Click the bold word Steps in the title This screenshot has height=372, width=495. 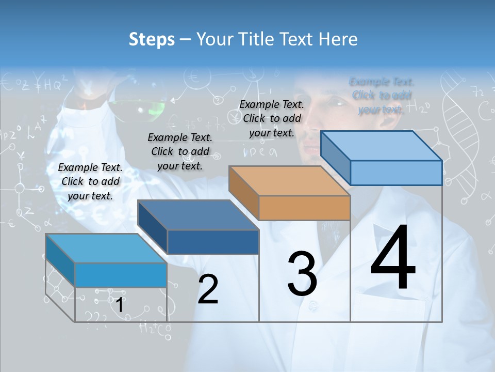pyautogui.click(x=151, y=39)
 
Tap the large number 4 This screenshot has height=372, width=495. pyautogui.click(x=393, y=259)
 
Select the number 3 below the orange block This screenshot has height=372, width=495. pyautogui.click(x=302, y=274)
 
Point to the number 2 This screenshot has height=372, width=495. pyautogui.click(x=208, y=289)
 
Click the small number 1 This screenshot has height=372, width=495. pyautogui.click(x=119, y=305)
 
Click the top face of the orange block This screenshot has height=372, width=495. pyautogui.click(x=289, y=181)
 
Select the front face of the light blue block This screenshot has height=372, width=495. pyautogui.click(x=121, y=275)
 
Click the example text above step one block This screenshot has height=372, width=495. pyautogui.click(x=90, y=181)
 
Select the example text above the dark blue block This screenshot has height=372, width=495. pyautogui.click(x=180, y=151)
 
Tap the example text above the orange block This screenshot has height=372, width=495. pyautogui.click(x=272, y=118)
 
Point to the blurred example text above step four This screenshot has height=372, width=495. pyautogui.click(x=382, y=96)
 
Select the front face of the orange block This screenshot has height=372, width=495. pyautogui.click(x=304, y=208)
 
